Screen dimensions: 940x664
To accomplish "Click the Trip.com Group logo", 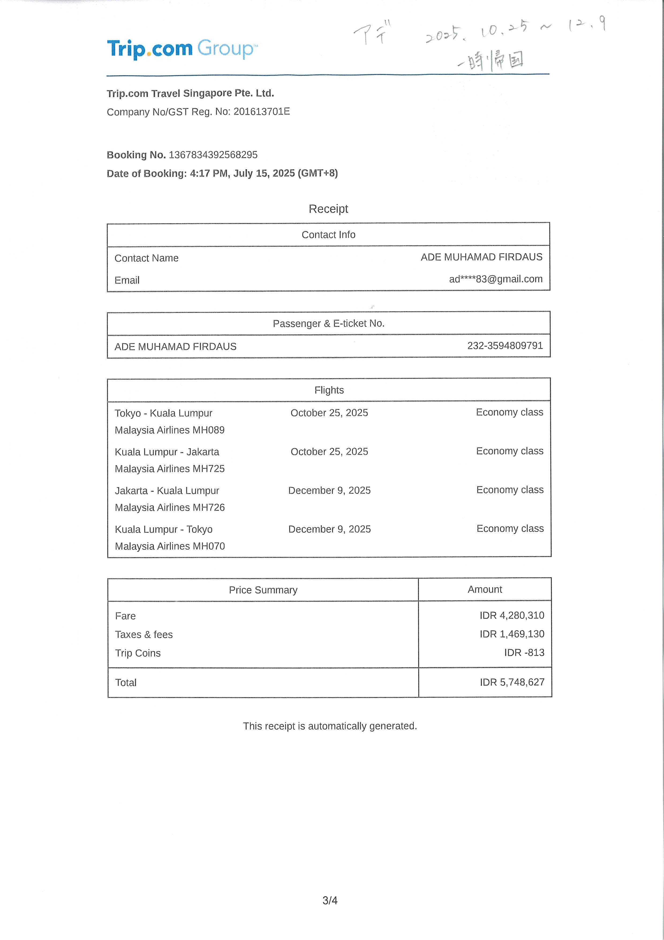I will (x=182, y=49).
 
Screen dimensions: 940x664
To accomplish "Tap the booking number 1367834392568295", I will (x=213, y=155).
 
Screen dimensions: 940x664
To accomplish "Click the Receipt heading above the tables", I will (x=328, y=209).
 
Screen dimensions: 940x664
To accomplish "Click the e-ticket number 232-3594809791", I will (x=505, y=346).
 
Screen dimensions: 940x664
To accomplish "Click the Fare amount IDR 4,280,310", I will (x=512, y=615).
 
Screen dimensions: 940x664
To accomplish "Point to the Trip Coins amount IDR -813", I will (x=524, y=652).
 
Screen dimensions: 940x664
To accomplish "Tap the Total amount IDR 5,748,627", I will (x=512, y=682).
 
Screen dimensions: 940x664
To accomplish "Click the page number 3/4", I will (x=330, y=900).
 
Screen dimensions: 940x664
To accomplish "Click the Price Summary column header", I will (x=263, y=590).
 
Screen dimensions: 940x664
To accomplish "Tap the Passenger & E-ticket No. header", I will (x=329, y=323).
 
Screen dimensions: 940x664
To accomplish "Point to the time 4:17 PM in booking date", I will (x=209, y=173).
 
